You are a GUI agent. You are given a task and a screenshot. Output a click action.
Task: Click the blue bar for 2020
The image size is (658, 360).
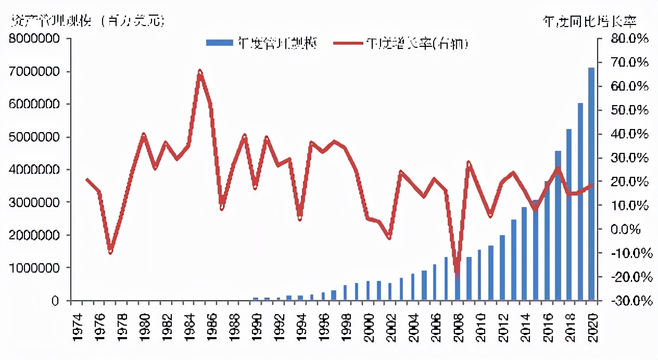[x=591, y=184]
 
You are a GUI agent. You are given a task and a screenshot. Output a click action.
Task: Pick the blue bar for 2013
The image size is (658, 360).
[x=513, y=260]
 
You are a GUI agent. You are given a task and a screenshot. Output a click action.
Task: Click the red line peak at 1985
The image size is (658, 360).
[x=200, y=71]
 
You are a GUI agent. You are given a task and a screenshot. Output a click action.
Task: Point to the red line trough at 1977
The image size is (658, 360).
[x=110, y=252]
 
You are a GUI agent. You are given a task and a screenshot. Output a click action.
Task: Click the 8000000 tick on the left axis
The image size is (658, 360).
[x=40, y=39]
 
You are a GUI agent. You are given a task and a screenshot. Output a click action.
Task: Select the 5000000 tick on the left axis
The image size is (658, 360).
[x=40, y=137]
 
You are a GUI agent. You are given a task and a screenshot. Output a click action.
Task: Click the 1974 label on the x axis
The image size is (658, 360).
[x=77, y=328]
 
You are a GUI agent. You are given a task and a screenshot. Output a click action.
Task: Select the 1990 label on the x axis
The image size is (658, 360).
[x=255, y=328]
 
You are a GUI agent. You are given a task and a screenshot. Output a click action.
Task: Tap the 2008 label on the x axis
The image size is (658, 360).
[x=457, y=328]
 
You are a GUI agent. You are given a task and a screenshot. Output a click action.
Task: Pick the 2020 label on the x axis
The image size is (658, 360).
[x=591, y=328]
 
